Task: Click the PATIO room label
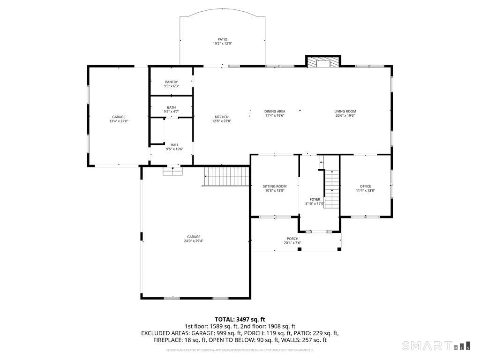point(222,39)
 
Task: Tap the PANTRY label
point(171,82)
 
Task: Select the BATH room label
point(171,107)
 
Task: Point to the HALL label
point(174,145)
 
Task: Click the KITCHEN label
point(222,117)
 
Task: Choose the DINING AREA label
point(275,111)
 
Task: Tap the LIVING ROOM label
point(345,111)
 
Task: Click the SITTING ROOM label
point(275,186)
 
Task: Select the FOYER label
point(315,199)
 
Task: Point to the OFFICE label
point(365,186)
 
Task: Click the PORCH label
point(292,239)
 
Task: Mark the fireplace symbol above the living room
point(323,63)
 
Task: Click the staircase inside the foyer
point(331,189)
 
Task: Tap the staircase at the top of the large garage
point(227,177)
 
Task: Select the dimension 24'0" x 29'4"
point(194,241)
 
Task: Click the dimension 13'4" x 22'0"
point(119,121)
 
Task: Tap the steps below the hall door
point(172,172)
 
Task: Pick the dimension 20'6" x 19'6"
point(345,115)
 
